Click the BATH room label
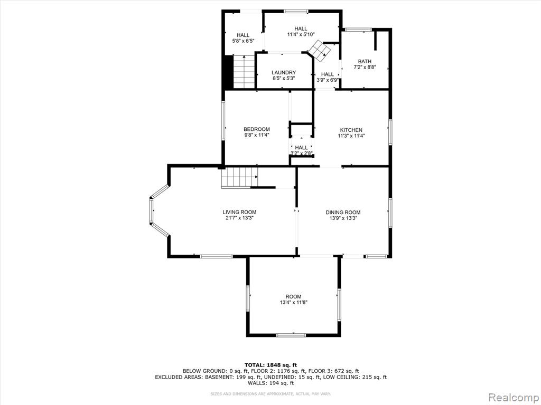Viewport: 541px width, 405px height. tap(365, 61)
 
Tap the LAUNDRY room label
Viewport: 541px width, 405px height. tap(284, 72)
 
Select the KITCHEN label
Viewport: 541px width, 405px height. tap(351, 130)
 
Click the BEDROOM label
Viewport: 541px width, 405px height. tap(257, 129)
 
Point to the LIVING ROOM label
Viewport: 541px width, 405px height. tap(239, 212)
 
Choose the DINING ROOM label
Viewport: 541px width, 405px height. tap(343, 213)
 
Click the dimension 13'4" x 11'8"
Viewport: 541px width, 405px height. tap(294, 302)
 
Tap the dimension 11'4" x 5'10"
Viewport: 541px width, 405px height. tap(301, 34)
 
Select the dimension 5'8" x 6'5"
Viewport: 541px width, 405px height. tap(243, 41)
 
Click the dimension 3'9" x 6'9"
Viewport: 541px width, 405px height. tap(328, 80)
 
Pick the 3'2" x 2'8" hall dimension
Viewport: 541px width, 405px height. tap(302, 153)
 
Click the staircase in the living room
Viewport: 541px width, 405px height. tap(240, 177)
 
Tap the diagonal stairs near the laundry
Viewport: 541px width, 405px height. tap(319, 51)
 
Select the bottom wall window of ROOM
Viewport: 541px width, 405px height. tap(291, 335)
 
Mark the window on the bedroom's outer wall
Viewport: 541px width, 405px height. tap(223, 120)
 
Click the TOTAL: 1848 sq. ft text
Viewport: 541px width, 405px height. tap(270, 365)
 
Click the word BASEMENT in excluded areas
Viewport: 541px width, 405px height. tap(219, 377)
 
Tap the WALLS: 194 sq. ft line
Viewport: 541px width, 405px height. tap(270, 383)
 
